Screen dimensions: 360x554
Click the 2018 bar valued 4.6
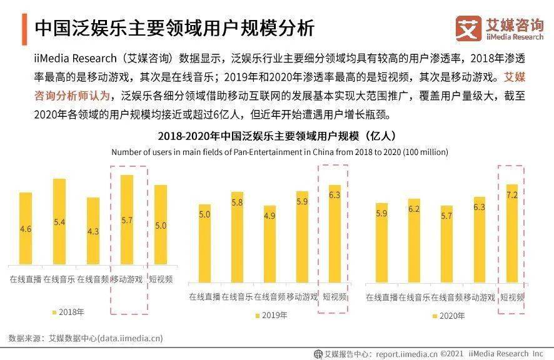click(x=26, y=228)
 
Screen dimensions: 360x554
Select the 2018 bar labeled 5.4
click(x=59, y=222)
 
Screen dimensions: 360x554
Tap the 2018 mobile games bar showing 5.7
click(x=127, y=219)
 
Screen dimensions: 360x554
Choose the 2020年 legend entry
click(x=448, y=316)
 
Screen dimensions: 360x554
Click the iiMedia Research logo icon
click(x=468, y=29)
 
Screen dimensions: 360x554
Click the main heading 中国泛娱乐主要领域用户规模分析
click(x=174, y=29)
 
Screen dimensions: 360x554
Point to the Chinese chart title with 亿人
click(x=276, y=136)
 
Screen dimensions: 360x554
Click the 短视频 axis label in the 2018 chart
click(x=161, y=279)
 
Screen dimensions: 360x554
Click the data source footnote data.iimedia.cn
click(x=86, y=338)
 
